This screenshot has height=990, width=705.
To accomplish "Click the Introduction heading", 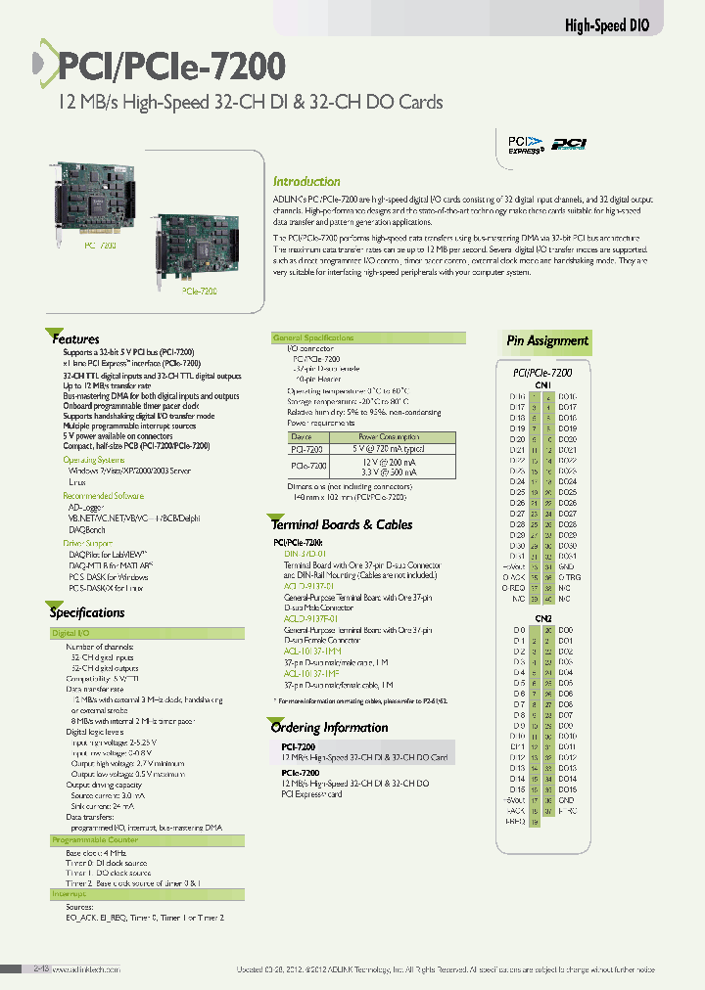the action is [x=306, y=182].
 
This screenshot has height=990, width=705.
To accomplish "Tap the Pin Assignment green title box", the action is [x=547, y=341].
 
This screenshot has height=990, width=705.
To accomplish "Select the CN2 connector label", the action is [x=544, y=619].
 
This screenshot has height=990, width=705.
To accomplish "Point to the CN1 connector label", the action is [x=541, y=385].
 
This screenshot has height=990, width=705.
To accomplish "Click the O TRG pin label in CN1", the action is [x=568, y=577].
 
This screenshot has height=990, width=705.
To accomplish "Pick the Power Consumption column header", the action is [x=389, y=437].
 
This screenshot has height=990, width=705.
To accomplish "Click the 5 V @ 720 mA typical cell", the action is [x=389, y=448].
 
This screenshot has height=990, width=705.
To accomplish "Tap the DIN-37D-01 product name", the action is [x=305, y=553].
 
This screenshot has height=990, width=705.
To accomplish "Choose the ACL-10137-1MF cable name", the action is [x=312, y=673].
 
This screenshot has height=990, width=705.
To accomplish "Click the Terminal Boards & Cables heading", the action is [x=342, y=524].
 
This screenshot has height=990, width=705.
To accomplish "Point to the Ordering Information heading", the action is [x=329, y=728].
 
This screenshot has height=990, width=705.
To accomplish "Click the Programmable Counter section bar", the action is [x=95, y=840].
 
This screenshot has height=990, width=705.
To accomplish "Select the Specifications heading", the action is [x=87, y=613].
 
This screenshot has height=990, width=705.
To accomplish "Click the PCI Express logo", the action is [x=525, y=144].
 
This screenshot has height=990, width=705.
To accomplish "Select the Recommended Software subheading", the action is [x=103, y=496].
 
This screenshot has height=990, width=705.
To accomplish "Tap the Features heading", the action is [x=75, y=339].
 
